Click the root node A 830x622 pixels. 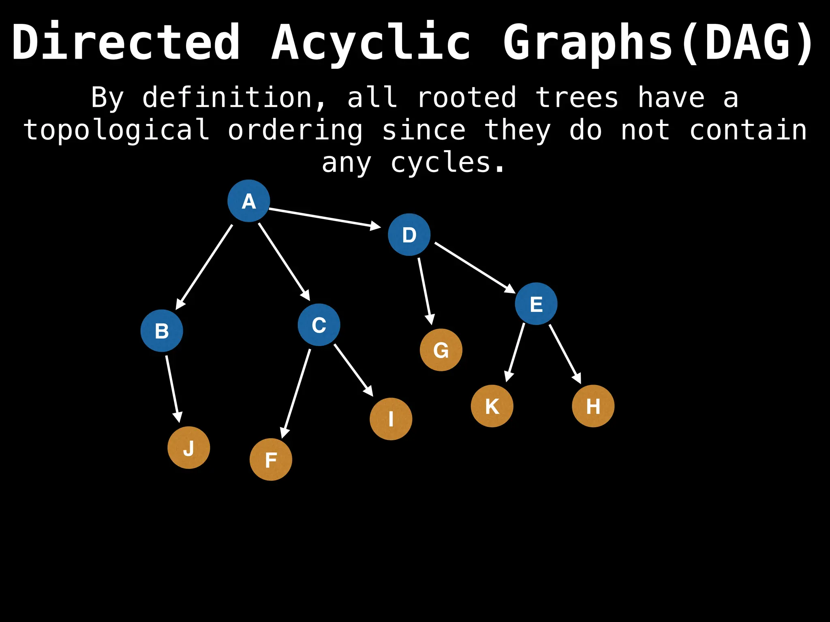tap(248, 201)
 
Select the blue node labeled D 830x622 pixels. tap(409, 234)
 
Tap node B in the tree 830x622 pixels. tap(162, 331)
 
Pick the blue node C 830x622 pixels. tap(319, 325)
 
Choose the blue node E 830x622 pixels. tap(536, 304)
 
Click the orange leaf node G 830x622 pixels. tap(441, 350)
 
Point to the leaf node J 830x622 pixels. tap(189, 447)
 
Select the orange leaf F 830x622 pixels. tap(271, 460)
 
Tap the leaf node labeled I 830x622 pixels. tap(391, 419)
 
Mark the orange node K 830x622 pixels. tap(492, 406)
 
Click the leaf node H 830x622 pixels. tap(593, 406)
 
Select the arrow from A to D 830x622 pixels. tap(324, 218)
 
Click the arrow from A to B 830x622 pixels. tap(205, 266)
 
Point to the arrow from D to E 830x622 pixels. tap(474, 267)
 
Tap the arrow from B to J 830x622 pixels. tap(172, 389)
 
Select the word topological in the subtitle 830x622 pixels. tap(117, 130)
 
